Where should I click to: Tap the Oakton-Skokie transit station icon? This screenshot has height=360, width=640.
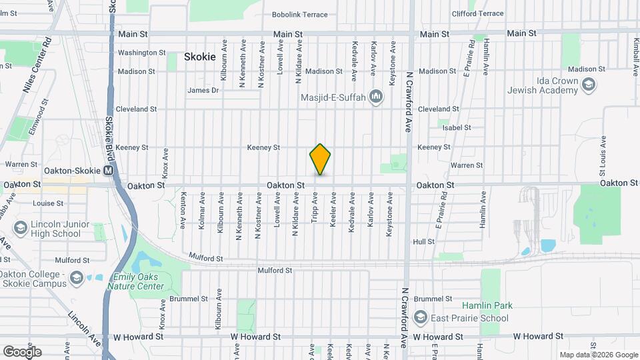[108, 171]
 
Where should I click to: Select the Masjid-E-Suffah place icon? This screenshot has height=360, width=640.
[377, 97]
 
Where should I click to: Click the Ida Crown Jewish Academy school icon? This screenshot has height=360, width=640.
[588, 84]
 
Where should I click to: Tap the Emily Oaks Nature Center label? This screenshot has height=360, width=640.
[139, 282]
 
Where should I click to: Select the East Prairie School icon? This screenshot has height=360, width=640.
[420, 317]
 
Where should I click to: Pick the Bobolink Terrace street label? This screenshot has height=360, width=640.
[300, 15]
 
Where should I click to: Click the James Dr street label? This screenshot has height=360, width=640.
[203, 91]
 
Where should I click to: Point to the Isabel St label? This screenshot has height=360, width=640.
[457, 127]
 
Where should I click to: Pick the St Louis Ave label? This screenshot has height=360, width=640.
[603, 153]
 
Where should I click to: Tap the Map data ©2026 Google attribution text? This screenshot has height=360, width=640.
[598, 355]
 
